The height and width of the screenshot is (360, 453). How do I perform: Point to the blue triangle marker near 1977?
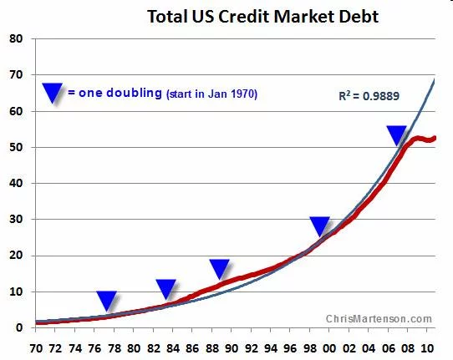(106, 300)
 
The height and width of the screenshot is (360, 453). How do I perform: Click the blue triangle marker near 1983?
(166, 288)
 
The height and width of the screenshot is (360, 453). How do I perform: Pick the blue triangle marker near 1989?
(220, 268)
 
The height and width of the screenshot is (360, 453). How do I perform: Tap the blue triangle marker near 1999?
(320, 226)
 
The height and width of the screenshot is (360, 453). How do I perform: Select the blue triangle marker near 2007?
(397, 134)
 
